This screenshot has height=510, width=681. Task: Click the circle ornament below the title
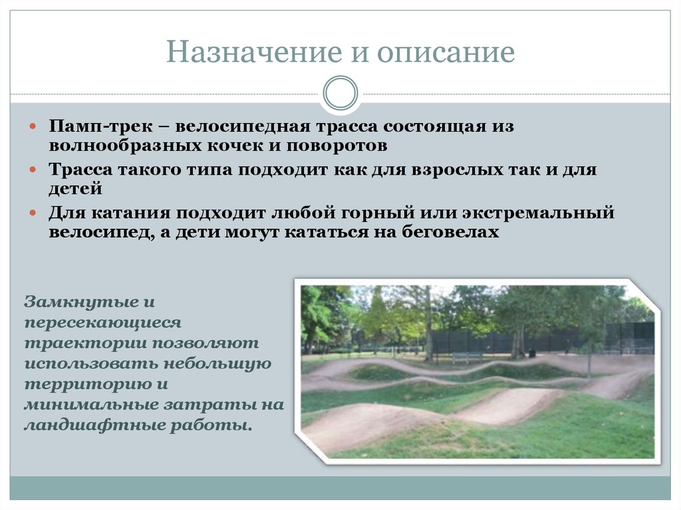pyautogui.click(x=340, y=92)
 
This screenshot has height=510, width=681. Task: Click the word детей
pyautogui.click(x=74, y=188)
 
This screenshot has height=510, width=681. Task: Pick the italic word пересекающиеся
pyautogui.click(x=102, y=322)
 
